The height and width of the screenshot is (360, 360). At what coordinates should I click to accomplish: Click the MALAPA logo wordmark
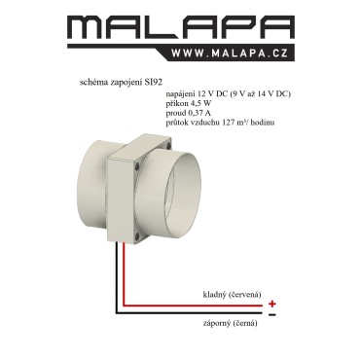click(x=181, y=26)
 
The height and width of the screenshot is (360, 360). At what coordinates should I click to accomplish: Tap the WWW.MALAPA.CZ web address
click(x=230, y=54)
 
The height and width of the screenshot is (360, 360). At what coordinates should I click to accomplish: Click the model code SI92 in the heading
click(x=152, y=83)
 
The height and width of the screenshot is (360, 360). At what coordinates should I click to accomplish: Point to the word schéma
click(x=91, y=83)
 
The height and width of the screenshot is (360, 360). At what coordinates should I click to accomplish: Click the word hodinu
click(x=263, y=123)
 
